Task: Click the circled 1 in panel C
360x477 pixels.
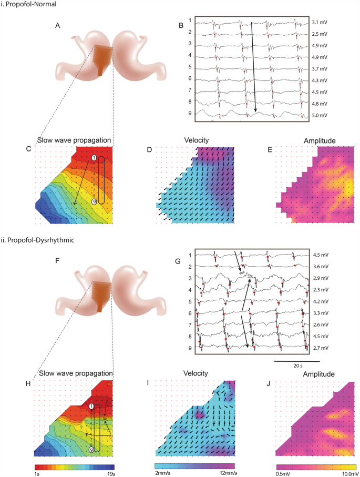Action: point(94,158)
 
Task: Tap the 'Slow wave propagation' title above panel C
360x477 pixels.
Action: point(75,140)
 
